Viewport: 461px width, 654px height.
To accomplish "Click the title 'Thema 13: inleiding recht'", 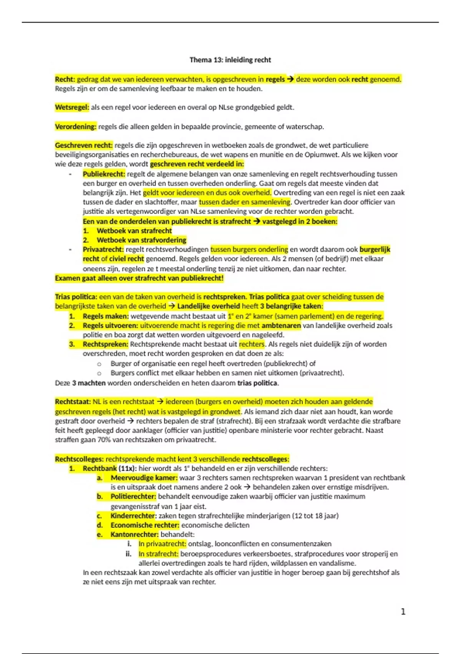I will tap(230, 60).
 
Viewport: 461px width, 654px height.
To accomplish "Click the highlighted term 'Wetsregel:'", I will tap(72, 108).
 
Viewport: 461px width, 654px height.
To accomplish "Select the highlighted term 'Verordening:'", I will tap(75, 127).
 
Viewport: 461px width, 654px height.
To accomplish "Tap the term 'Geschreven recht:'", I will tap(84, 145).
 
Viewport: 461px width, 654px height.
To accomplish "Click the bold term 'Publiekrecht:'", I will tap(104, 174).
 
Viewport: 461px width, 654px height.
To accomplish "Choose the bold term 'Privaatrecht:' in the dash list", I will tap(103, 250).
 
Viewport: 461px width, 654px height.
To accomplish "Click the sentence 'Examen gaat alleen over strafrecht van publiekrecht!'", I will tap(139, 278).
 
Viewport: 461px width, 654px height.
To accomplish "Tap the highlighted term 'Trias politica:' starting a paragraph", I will tap(76, 297).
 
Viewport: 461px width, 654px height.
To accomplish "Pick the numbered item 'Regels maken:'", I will tap(106, 316).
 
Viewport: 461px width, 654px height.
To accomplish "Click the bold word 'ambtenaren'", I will tap(281, 326).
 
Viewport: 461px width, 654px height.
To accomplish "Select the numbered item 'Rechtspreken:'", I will tap(105, 344).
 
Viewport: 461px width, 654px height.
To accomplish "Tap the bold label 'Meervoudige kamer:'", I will tap(144, 478).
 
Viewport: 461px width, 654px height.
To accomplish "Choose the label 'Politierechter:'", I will tap(133, 497).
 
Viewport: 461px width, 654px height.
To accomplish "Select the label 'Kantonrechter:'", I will tap(134, 535).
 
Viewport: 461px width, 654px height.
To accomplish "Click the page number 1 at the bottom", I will tap(403, 612).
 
